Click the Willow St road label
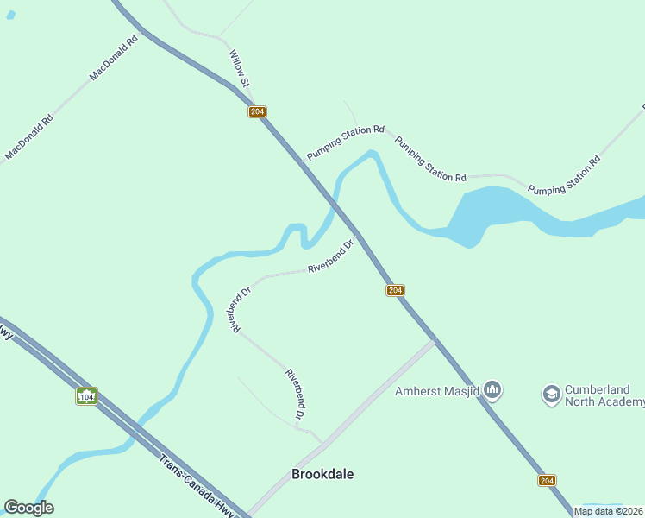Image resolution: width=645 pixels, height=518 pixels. pyautogui.click(x=238, y=67)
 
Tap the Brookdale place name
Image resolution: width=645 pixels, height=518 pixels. pyautogui.click(x=322, y=474)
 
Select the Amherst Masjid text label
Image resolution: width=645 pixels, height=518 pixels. pyautogui.click(x=437, y=391)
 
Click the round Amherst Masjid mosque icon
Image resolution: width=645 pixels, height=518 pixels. pyautogui.click(x=493, y=391)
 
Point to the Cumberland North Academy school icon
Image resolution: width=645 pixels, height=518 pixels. pyautogui.click(x=551, y=395)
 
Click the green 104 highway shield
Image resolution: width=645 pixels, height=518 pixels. pyautogui.click(x=85, y=396)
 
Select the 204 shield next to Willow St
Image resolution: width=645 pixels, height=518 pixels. pyautogui.click(x=257, y=111)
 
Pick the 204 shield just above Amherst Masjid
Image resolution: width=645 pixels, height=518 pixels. pyautogui.click(x=395, y=290)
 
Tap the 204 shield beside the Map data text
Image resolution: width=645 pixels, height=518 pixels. pyautogui.click(x=547, y=480)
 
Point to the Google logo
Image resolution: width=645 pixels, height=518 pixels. pyautogui.click(x=28, y=508)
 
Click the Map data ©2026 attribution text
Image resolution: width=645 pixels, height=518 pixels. pyautogui.click(x=609, y=511)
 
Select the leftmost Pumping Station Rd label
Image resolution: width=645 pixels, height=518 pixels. pyautogui.click(x=345, y=143)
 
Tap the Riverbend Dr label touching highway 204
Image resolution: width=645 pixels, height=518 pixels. pyautogui.click(x=332, y=257)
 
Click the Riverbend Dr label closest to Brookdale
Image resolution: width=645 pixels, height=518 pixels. pyautogui.click(x=296, y=395)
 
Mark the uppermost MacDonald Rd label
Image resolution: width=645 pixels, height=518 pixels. pyautogui.click(x=113, y=58)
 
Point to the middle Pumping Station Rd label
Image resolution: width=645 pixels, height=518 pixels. pyautogui.click(x=430, y=159)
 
